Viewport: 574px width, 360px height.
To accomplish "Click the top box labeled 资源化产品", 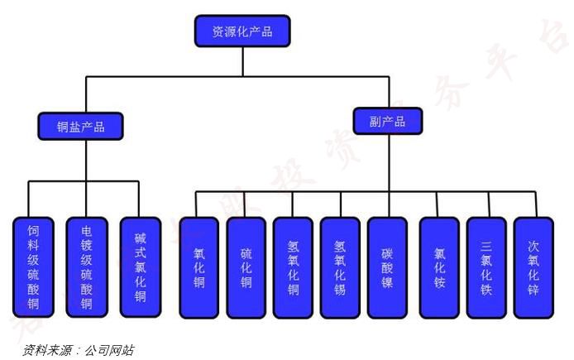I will pos(242,31).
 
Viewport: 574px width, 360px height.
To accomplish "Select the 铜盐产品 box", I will pos(80,126).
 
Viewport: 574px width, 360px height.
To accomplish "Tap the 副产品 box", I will pos(387,121).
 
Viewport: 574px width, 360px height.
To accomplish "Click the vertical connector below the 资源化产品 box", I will pos(242,62).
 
